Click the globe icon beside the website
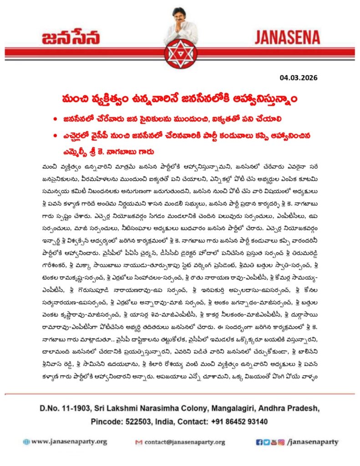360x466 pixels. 26,441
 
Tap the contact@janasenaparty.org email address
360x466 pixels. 185,442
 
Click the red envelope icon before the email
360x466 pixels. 139,442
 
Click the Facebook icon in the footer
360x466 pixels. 259,441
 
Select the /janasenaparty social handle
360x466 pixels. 314,441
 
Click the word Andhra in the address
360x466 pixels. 267,406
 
